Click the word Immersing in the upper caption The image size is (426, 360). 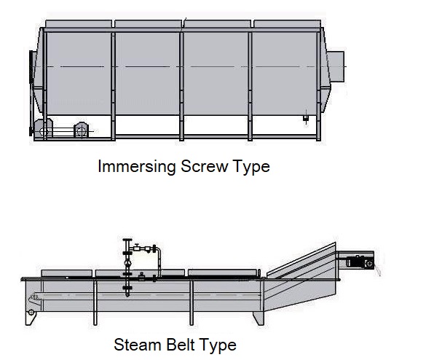tap(137, 166)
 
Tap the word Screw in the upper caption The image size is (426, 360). tap(204, 166)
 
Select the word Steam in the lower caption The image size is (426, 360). tap(138, 345)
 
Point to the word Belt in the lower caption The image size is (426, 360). tap(181, 345)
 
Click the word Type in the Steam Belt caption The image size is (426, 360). tap(218, 345)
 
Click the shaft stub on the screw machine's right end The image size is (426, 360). tap(336, 66)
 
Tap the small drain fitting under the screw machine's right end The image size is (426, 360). tap(306, 118)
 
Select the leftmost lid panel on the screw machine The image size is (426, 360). tap(79, 24)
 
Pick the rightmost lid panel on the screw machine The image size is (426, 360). tap(288, 24)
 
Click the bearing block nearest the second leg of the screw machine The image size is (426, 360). tap(81, 130)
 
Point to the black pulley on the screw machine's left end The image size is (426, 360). tap(31, 93)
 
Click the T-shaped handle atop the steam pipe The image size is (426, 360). tap(127, 240)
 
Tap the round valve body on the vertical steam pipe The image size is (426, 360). tap(127, 263)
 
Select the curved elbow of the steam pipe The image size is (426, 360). tap(159, 251)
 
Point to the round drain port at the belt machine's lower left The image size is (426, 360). tap(31, 313)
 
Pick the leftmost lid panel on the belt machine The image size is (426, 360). tap(66, 273)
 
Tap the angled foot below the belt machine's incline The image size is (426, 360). tap(259, 318)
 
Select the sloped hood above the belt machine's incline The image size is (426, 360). tap(301, 261)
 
